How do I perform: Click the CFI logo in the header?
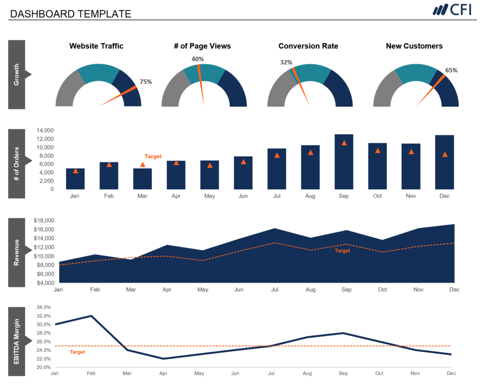coord(452,10)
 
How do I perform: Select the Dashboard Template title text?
coord(70,14)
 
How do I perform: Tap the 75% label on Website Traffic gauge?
coord(146,82)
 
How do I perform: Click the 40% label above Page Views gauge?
coord(197,59)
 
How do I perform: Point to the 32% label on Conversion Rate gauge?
coord(286,62)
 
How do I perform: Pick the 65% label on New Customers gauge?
coord(451,70)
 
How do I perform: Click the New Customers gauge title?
coord(414,46)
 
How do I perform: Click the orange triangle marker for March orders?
coord(143,165)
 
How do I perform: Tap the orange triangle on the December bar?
coord(445,154)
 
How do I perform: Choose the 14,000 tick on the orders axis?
coord(45,130)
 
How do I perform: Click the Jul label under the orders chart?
coord(277,196)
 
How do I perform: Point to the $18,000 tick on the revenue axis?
coord(44,221)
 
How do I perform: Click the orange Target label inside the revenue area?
coord(342,251)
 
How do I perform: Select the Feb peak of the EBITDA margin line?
coord(91,316)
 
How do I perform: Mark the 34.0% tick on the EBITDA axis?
coord(43,307)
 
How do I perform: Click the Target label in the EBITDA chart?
coord(77,352)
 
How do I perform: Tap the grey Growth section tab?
coord(17,75)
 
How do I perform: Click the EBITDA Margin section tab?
coord(17,341)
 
